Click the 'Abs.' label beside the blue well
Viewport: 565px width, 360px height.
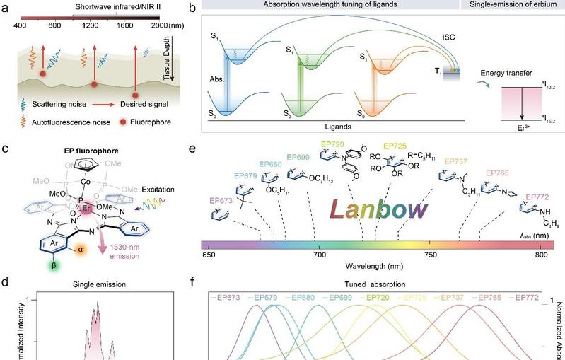(216, 80)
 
